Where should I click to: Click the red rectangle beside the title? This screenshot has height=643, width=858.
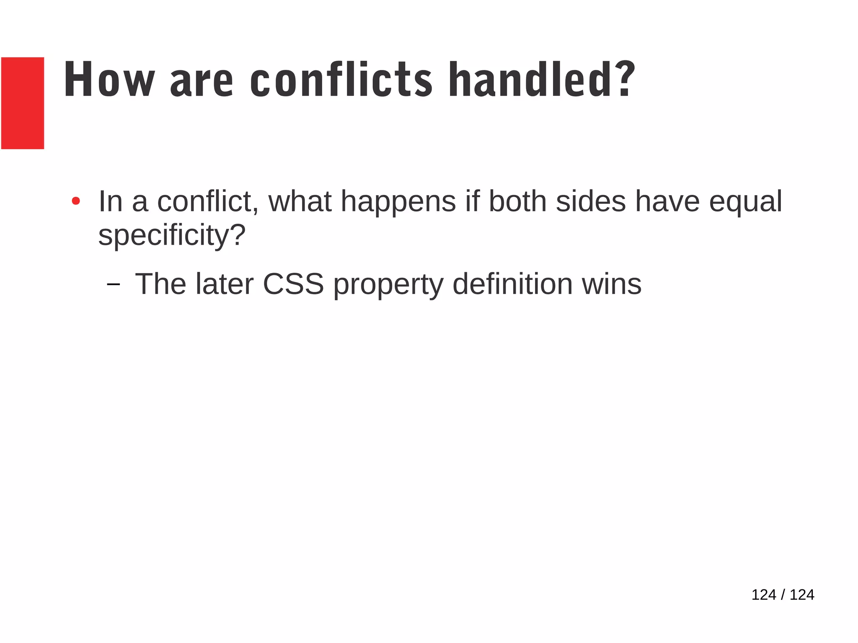[23, 103]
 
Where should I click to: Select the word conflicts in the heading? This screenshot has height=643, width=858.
[341, 80]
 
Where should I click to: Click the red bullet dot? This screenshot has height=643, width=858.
[76, 201]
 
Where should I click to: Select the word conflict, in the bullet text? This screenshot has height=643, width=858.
[208, 201]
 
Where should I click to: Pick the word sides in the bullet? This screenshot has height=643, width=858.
[591, 201]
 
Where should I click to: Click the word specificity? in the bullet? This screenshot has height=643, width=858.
[172, 235]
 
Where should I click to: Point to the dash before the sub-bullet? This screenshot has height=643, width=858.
[113, 285]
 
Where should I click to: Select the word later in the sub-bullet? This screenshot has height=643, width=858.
[224, 284]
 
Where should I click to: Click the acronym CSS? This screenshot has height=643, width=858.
[293, 284]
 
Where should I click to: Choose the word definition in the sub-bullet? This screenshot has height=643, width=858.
[512, 284]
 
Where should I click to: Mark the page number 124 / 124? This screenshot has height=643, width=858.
[783, 595]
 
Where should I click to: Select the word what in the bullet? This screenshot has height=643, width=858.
[300, 201]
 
